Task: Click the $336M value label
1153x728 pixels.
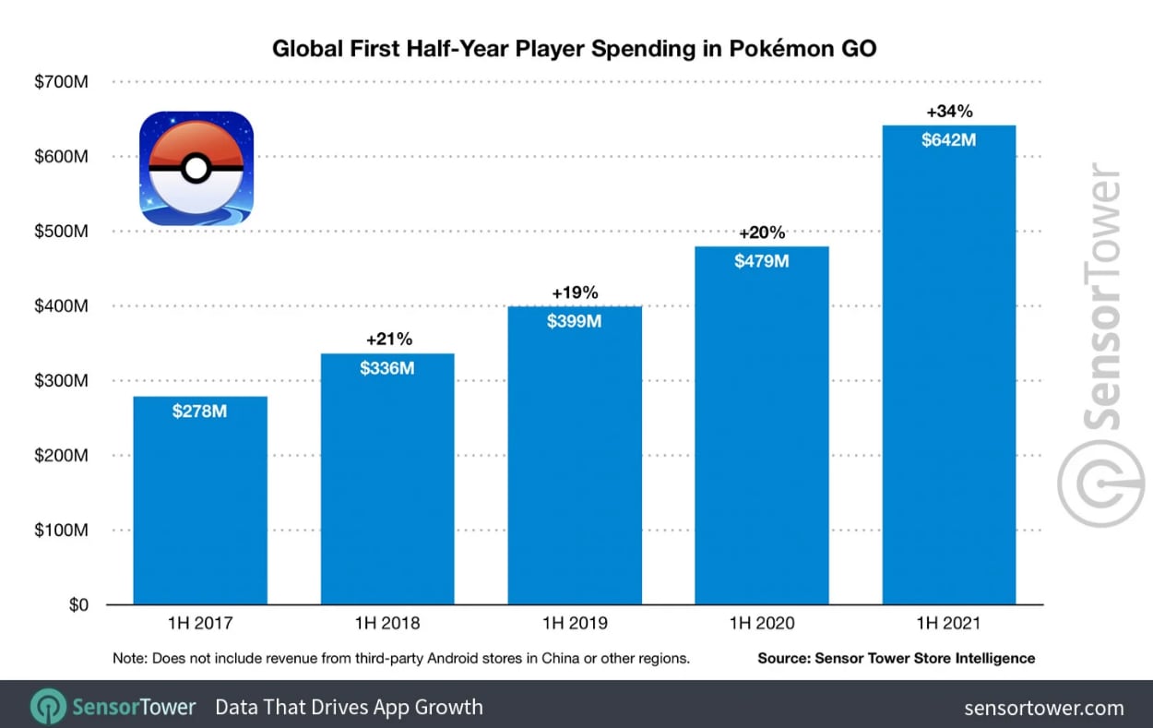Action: click(x=387, y=368)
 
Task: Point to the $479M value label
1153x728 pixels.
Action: click(x=762, y=261)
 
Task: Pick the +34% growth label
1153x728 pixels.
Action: click(x=949, y=112)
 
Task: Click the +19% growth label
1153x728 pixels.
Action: click(x=575, y=292)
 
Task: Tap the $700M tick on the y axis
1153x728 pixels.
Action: click(x=63, y=82)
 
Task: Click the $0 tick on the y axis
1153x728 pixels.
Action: click(x=76, y=605)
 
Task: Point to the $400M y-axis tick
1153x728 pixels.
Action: click(x=63, y=306)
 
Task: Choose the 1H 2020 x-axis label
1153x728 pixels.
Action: click(x=762, y=624)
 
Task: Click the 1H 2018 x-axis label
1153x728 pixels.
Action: click(x=387, y=624)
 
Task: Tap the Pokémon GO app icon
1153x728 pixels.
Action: click(x=196, y=168)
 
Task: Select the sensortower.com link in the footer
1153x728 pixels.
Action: click(x=1044, y=708)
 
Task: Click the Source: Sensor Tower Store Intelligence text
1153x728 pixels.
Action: click(x=896, y=658)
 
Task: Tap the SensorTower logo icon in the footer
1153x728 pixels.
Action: click(x=48, y=708)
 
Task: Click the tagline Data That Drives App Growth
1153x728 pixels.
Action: click(x=349, y=708)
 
